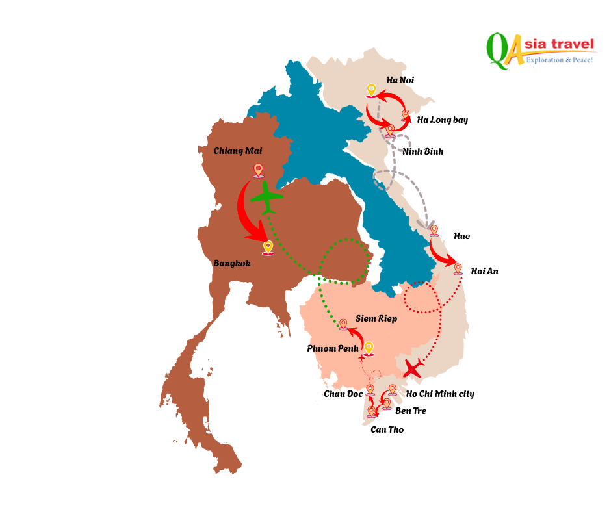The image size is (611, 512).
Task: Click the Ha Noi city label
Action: [400, 80]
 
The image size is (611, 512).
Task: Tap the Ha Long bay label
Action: [442, 120]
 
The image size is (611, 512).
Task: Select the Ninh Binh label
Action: [422, 151]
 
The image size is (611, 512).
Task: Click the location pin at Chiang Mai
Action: [259, 170]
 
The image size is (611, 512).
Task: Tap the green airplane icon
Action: [266, 197]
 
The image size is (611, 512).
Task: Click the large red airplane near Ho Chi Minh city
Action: [413, 368]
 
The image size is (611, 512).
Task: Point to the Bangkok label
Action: [231, 264]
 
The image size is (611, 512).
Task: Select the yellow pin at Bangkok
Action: [268, 248]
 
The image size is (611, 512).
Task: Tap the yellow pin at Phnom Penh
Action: [369, 349]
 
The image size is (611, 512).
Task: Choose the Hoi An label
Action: [484, 271]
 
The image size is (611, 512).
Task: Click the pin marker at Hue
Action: [434, 231]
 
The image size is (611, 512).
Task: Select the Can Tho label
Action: [387, 429]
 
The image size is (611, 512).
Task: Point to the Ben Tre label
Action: [411, 411]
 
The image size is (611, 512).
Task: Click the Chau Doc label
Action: [343, 394]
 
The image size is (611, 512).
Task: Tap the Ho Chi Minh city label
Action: [439, 394]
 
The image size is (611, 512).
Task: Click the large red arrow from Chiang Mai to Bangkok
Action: [248, 214]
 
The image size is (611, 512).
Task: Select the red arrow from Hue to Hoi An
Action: [443, 255]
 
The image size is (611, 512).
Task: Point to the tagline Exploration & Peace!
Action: [559, 60]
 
